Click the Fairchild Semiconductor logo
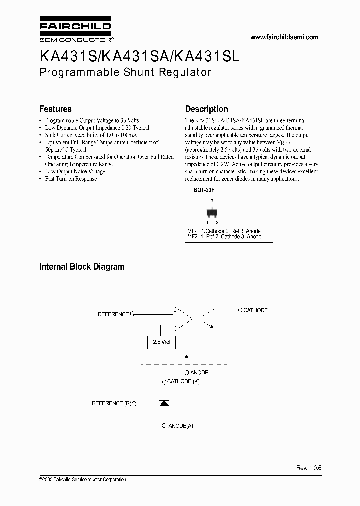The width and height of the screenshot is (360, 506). pos(75,31)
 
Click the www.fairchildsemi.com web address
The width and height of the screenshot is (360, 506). pos(284,37)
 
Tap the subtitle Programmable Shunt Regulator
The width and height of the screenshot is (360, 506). pos(125,72)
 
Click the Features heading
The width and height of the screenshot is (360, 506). pos(55,109)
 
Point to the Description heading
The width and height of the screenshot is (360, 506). pos(206,109)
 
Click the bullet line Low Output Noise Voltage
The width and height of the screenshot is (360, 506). pos(75,171)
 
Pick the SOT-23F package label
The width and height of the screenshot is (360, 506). pos(197,190)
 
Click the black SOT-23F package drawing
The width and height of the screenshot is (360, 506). pos(212,212)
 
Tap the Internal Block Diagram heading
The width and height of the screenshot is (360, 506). pos(82,267)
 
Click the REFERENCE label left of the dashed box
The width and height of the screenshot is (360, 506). pos(113,314)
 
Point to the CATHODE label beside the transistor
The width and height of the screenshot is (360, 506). pos(255,310)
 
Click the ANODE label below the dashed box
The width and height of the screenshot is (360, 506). pos(199,372)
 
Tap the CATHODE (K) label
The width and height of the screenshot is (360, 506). pos(183,382)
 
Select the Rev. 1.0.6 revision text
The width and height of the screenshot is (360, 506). pos(309,468)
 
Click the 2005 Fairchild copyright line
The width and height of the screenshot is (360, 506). pos(82,480)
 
